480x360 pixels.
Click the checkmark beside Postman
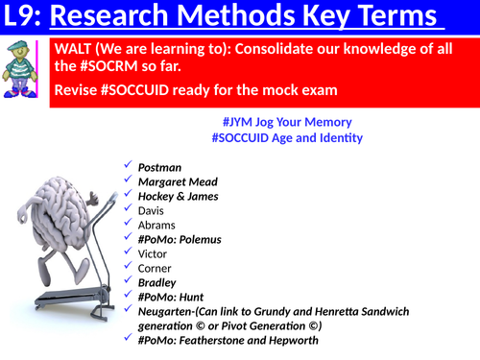(128, 166)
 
